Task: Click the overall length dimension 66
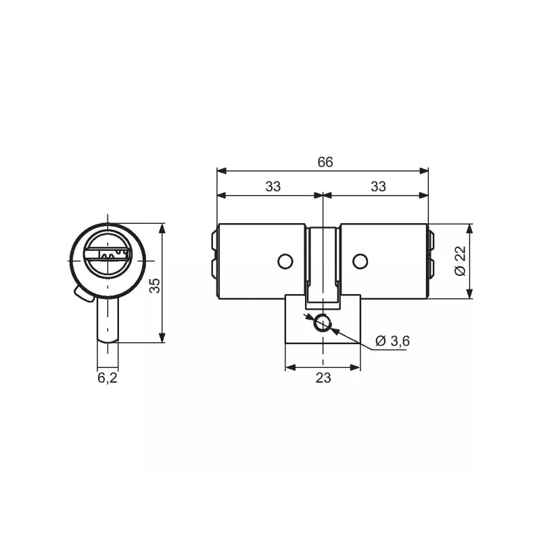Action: pyautogui.click(x=325, y=162)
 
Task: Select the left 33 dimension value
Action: pyautogui.click(x=273, y=187)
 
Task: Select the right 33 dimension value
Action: pyautogui.click(x=378, y=187)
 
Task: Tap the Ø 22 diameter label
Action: pyautogui.click(x=461, y=261)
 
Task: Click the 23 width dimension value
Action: pyautogui.click(x=323, y=378)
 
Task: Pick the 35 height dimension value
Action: pyautogui.click(x=155, y=285)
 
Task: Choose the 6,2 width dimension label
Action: pyautogui.click(x=108, y=378)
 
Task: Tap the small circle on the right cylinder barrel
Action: pyautogui.click(x=361, y=260)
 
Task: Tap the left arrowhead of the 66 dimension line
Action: pyautogui.click(x=219, y=170)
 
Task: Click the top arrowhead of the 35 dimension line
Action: pyautogui.click(x=162, y=226)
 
